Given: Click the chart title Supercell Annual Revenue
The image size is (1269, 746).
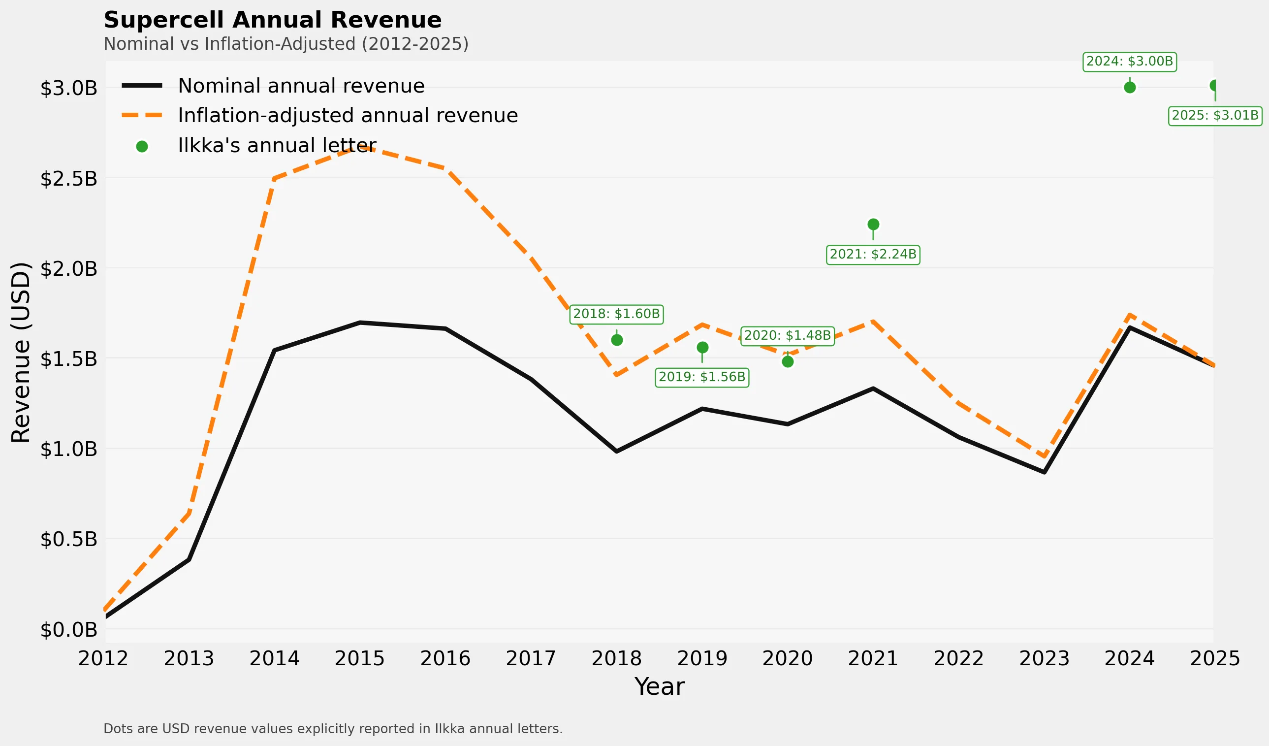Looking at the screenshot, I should coord(272,21).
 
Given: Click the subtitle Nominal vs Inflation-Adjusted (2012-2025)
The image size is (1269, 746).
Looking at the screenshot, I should coord(286,44).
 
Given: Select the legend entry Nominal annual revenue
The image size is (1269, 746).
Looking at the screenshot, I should coord(301,86).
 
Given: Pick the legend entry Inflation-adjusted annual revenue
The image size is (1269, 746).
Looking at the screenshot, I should coord(348,116).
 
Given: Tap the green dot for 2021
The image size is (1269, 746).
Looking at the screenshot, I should coord(873,224).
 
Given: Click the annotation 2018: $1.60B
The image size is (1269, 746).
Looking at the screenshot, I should coord(616,314).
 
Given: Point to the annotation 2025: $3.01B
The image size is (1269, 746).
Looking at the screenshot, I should coord(1215,116).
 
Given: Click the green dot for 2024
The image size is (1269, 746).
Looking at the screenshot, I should coord(1130,88).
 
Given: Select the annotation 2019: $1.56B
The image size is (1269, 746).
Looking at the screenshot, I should coord(701,377).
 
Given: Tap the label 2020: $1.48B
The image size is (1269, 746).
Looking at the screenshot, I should coord(787,336).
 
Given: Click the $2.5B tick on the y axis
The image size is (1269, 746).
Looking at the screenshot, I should coord(68,179).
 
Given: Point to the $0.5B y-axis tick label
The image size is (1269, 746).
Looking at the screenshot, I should coord(68,540).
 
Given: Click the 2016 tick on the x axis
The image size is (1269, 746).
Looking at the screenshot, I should coord(445,659).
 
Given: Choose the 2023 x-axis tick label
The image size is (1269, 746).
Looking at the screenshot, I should coord(1044,659).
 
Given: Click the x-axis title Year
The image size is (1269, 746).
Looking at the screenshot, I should coord(659,687).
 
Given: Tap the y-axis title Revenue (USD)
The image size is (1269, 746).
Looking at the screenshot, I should coord(21,353).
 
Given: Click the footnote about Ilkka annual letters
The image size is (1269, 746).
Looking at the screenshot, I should coord(332,729).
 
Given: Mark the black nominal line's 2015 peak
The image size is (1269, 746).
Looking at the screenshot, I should coord(360,323).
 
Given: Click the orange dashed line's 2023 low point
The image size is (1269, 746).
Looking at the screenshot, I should coord(1044,457).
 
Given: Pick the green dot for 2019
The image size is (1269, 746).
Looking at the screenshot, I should coord(702,348).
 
